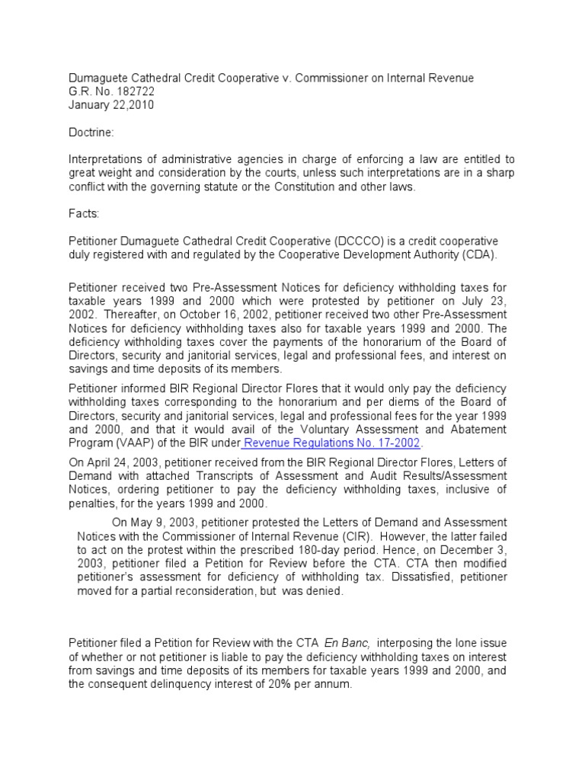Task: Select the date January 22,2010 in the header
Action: coord(111,105)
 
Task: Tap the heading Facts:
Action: coord(85,216)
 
